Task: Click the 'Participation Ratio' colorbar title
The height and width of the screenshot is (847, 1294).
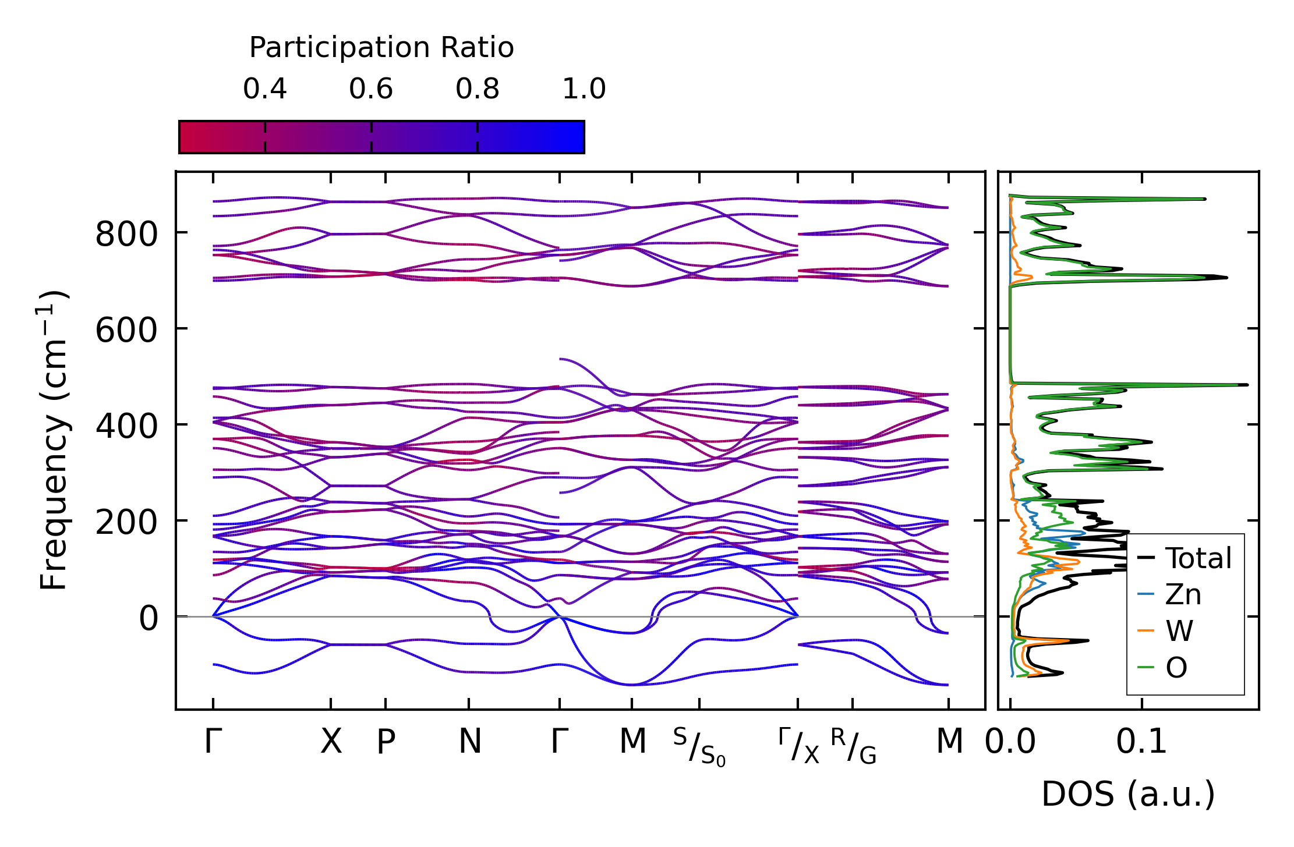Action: pos(381,48)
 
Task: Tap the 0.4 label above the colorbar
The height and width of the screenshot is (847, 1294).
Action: pos(265,89)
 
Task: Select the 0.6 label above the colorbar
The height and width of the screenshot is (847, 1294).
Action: pos(371,89)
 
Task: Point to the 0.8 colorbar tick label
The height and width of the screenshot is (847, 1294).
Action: pos(478,89)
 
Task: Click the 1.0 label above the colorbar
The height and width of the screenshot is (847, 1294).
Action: pos(584,89)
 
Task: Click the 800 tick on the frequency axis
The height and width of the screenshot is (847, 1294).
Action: pos(126,235)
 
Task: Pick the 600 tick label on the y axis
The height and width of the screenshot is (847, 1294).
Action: pos(126,331)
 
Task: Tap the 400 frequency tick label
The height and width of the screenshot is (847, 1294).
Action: pos(126,426)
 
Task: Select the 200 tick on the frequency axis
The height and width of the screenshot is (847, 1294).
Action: pos(126,522)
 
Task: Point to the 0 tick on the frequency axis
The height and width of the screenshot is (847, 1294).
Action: pos(149,618)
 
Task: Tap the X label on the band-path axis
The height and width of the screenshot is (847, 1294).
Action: pos(331,742)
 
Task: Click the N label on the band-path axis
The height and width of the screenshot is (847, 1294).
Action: pos(470,742)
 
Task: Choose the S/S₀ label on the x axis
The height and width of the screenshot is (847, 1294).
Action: pos(699,747)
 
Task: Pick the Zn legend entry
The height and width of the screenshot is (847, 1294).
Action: pos(1183,595)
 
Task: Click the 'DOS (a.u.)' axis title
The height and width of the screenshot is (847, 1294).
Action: pos(1128,794)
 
